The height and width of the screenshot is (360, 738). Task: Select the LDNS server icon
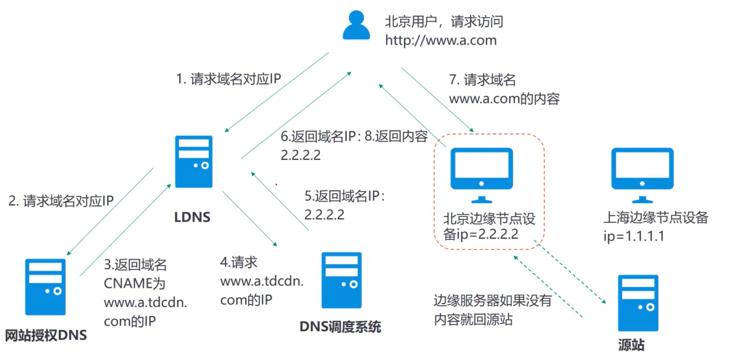coord(194,162)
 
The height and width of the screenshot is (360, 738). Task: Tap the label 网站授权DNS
coord(46,335)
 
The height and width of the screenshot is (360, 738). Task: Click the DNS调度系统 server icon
coord(342,280)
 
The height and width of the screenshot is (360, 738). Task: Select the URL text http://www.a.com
coord(440,40)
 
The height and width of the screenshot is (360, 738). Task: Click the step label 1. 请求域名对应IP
coord(228,79)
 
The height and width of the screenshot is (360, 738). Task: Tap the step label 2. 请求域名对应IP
coord(61,201)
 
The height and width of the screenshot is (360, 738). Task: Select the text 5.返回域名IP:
coord(344,196)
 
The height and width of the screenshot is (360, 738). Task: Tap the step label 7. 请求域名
coord(482,80)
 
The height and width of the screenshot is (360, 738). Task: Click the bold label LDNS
coord(193,217)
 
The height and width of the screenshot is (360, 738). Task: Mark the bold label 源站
coord(631,346)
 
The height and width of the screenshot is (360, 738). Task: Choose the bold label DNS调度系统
coord(340,327)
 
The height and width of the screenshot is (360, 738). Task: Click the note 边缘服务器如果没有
coord(493,301)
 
